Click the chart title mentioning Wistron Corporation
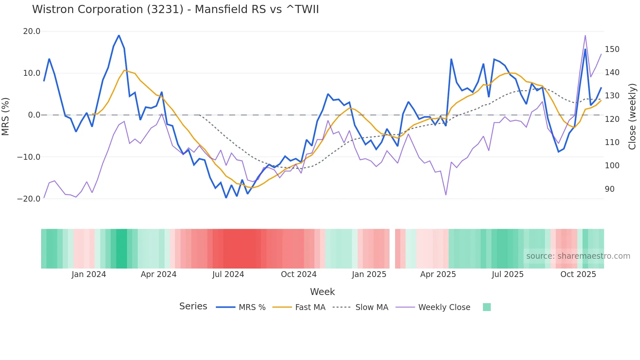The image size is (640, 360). point(175,9)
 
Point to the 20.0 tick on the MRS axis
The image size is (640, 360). point(32,31)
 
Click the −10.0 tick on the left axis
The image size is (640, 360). point(29,157)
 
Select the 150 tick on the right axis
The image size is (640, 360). point(612,49)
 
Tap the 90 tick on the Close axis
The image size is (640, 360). point(610,189)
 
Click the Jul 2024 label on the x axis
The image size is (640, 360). point(228,274)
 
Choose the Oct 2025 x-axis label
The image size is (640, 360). point(578,274)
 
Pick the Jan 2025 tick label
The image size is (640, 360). point(369,274)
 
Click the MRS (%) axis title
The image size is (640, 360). point(6,116)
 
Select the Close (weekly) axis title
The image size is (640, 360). point(632,116)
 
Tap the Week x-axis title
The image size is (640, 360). point(322,292)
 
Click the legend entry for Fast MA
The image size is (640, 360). point(310,307)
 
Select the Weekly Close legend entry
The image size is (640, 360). point(444,307)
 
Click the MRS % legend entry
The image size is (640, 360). point(252,307)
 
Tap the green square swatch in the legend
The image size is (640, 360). point(487,307)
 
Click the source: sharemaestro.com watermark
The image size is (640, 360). point(578,256)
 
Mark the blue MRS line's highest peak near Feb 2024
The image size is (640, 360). point(119,35)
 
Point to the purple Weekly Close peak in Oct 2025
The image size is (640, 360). point(585,35)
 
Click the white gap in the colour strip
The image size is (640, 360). point(392,249)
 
